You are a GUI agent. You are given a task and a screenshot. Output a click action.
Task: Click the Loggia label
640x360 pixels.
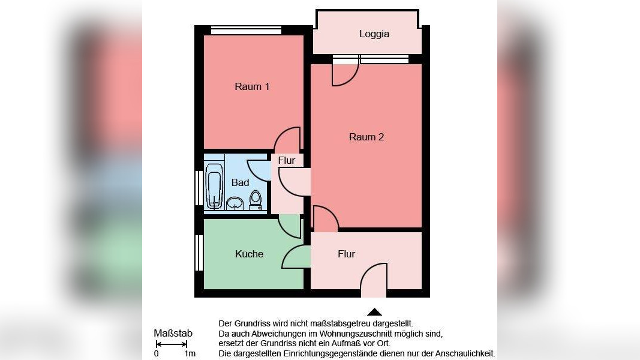(374, 34)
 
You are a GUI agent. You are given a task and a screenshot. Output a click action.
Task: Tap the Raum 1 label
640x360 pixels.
(252, 87)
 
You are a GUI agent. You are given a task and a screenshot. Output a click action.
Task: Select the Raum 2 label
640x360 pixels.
(366, 137)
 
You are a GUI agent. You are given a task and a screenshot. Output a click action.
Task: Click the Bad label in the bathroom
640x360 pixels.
(240, 182)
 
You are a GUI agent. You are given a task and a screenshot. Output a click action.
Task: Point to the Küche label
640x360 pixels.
(249, 254)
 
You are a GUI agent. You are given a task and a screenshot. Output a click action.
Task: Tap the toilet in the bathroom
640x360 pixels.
(256, 200)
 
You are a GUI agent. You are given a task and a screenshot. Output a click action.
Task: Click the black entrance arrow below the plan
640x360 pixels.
(374, 311)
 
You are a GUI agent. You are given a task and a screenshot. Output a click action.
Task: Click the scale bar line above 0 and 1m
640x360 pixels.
(171, 344)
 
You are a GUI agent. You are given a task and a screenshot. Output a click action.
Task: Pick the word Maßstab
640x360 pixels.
(173, 334)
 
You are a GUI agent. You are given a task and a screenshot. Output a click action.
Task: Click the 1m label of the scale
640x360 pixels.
(190, 354)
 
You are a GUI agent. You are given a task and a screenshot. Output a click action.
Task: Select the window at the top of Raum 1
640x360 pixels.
(246, 30)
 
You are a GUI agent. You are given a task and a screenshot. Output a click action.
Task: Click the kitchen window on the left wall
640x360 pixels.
(198, 253)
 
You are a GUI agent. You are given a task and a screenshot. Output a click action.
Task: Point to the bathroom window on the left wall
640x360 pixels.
(198, 188)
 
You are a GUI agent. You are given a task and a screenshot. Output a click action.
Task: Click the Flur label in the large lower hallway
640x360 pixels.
(347, 254)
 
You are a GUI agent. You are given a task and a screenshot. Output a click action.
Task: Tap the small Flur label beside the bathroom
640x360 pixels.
(287, 161)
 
